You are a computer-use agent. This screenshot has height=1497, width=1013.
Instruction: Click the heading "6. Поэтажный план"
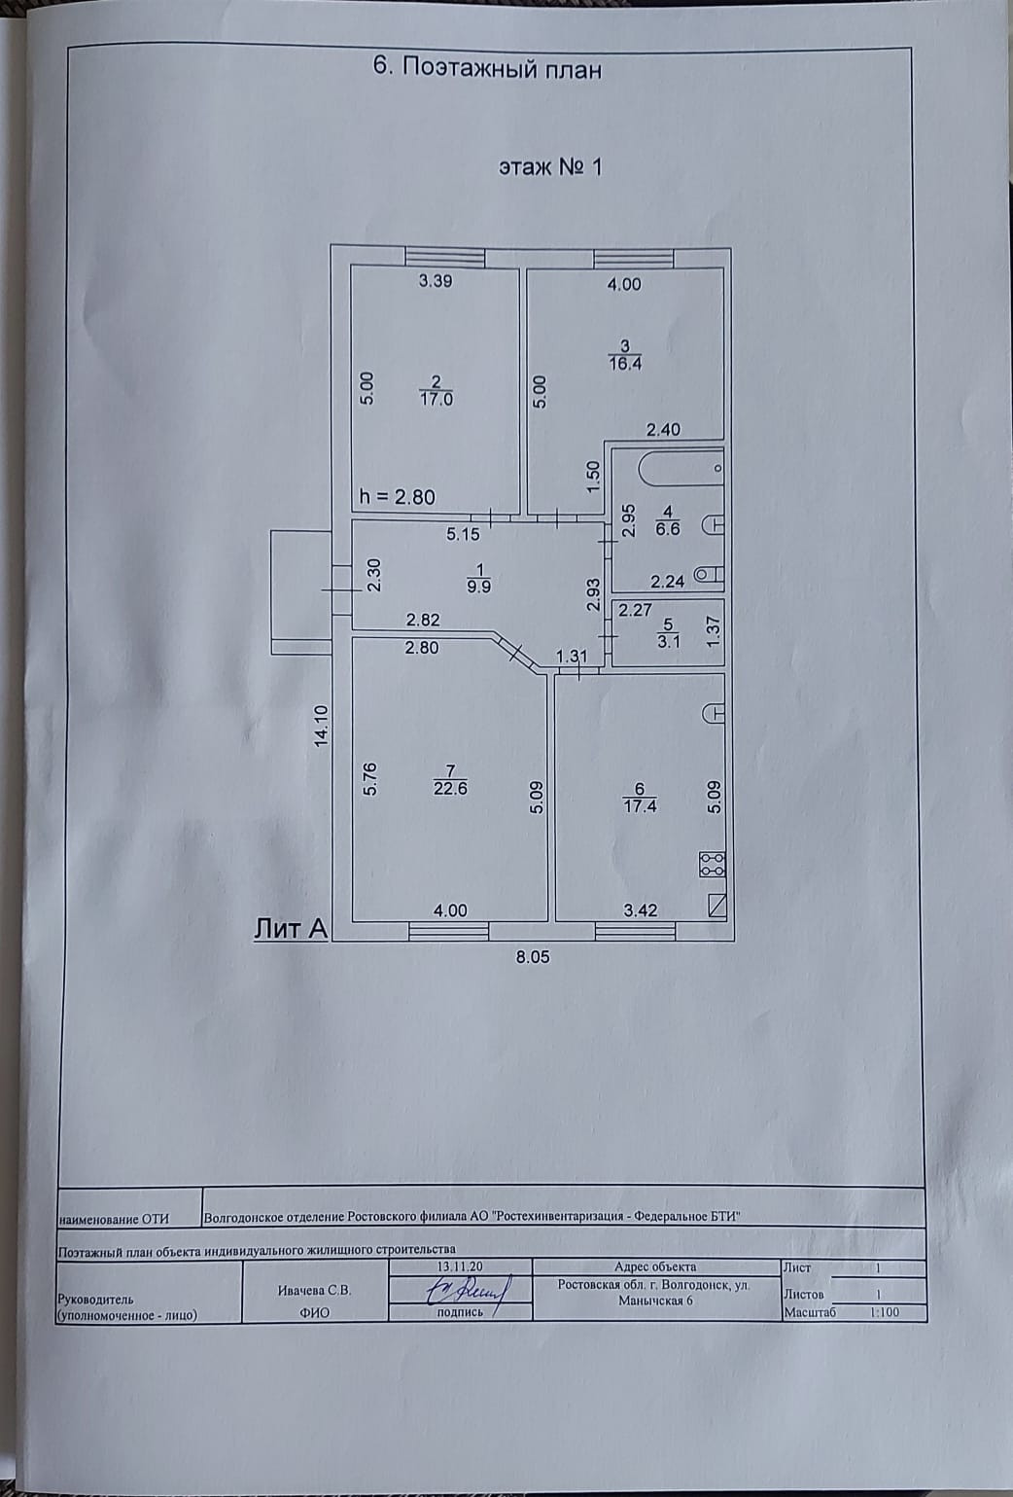[x=487, y=69]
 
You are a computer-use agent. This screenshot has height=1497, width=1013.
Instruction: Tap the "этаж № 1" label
[x=550, y=166]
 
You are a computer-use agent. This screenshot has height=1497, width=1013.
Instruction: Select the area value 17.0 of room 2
[x=436, y=399]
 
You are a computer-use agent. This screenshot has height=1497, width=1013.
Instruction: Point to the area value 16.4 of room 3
[x=625, y=364]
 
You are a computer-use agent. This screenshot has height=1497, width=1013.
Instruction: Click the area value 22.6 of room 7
[x=450, y=789]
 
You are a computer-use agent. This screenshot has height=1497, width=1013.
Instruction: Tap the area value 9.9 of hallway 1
[x=477, y=587]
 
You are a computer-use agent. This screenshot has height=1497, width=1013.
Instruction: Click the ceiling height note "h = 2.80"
[x=397, y=497]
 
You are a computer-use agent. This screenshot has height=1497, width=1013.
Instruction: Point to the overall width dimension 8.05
[x=533, y=957]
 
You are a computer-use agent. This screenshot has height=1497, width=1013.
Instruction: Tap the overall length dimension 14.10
[x=321, y=725]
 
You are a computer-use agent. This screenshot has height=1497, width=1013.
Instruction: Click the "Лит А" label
[x=290, y=929]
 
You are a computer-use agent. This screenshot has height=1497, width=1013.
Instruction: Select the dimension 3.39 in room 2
[x=436, y=282]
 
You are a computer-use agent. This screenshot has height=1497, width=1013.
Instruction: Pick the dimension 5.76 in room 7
[x=368, y=778]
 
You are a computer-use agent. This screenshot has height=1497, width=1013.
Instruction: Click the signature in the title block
[x=465, y=1291]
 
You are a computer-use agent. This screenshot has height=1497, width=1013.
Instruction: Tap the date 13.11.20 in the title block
[x=460, y=1267]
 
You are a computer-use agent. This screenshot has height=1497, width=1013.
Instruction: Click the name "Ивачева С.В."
[x=314, y=1291]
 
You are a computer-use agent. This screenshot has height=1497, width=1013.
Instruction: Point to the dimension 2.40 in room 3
[x=663, y=429]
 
